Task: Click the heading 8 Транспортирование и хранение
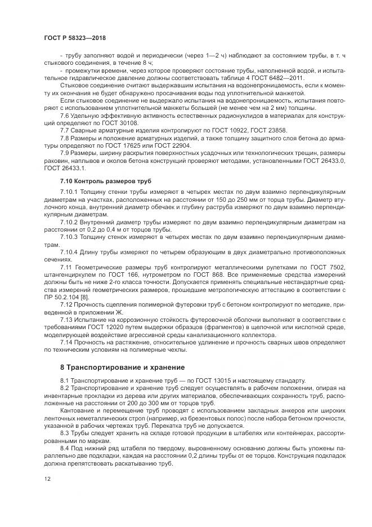[123, 366]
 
